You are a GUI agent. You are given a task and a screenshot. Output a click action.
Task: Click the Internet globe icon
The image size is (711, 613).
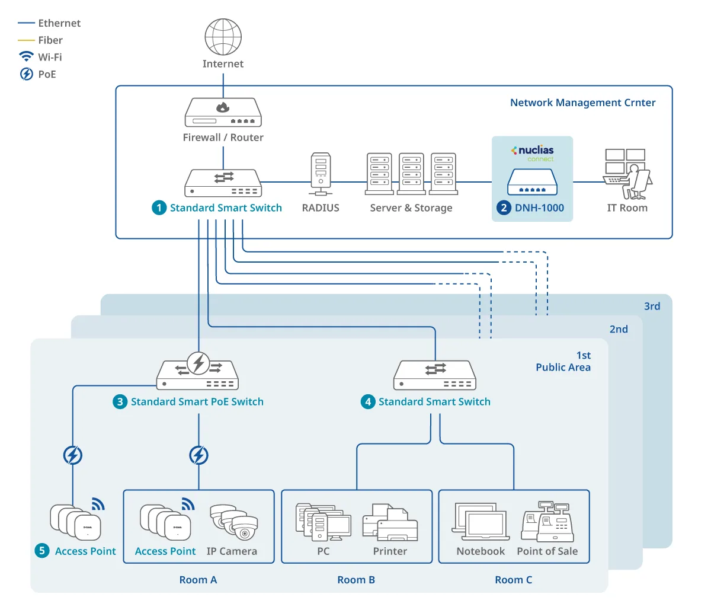click(223, 37)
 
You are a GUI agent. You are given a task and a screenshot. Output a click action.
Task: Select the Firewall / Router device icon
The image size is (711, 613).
click(223, 112)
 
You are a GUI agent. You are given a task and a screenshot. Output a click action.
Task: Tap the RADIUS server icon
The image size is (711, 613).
click(321, 174)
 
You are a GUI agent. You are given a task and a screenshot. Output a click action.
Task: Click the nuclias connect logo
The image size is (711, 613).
click(533, 153)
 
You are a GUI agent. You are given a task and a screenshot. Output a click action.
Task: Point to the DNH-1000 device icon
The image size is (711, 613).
click(533, 182)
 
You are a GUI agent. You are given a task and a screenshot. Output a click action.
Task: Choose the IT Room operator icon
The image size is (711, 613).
click(627, 174)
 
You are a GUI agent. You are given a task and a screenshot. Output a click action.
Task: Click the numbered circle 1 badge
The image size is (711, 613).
click(159, 207)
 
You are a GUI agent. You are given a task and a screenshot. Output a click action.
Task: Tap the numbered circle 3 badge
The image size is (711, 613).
click(120, 402)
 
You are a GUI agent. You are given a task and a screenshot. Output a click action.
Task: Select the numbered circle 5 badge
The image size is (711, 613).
click(42, 551)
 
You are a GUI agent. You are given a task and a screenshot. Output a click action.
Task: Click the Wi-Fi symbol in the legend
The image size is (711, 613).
click(26, 56)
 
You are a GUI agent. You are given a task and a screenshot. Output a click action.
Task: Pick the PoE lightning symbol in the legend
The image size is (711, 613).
click(26, 74)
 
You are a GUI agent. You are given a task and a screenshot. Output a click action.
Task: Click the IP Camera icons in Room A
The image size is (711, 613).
click(234, 522)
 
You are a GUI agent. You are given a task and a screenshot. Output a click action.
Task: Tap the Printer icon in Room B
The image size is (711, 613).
click(390, 522)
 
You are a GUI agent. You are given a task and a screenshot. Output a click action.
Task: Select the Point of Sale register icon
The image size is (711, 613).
click(547, 522)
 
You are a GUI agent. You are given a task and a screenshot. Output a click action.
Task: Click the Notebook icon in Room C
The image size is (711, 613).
click(481, 522)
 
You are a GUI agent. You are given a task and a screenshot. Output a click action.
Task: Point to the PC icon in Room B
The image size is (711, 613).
click(324, 522)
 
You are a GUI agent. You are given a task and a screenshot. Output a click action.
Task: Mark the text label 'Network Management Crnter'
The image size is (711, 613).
click(582, 102)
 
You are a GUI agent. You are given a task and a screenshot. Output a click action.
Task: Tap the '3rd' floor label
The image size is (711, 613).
click(652, 306)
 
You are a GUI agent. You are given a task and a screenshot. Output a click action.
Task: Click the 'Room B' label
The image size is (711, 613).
click(356, 580)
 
